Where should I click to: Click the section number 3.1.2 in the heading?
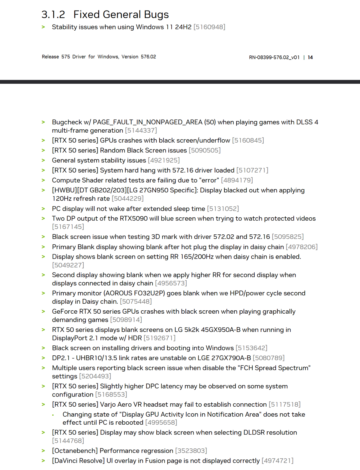pos(53,15)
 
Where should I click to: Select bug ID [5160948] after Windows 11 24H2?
pos(209,27)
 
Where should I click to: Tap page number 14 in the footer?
pos(310,57)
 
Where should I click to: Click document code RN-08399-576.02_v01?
pos(274,57)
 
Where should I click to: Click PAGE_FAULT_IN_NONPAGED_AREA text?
pos(148,122)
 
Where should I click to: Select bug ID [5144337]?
pos(141,131)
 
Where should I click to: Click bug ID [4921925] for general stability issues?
pos(164,160)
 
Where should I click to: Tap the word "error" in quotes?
pos(209,180)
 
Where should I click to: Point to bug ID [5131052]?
pos(223,209)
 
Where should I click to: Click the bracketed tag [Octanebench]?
pos(75,451)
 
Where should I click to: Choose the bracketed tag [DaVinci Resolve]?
pos(78,461)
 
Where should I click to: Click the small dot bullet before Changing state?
pos(53,415)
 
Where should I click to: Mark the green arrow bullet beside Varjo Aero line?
pos(43,405)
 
